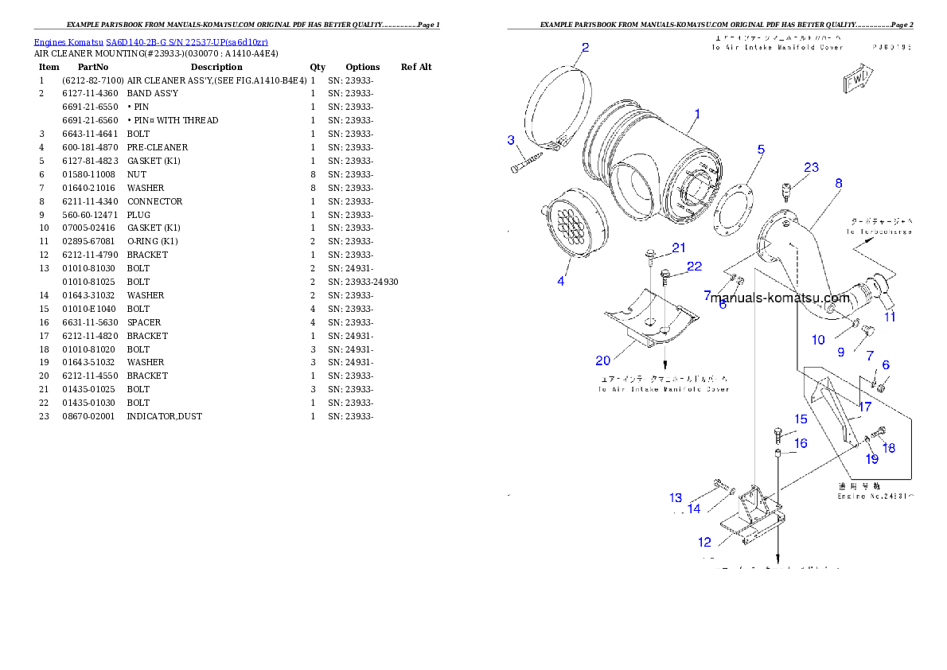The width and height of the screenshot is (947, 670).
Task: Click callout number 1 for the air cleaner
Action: [696, 115]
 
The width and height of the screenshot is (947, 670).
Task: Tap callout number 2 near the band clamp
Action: [585, 48]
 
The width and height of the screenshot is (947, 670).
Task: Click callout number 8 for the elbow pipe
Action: [839, 183]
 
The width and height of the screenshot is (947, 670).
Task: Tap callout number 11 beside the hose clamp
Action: [890, 317]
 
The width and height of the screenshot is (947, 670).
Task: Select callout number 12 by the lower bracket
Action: [705, 543]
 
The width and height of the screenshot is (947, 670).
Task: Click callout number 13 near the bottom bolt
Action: [676, 498]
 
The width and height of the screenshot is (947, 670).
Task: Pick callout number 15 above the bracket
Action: [801, 419]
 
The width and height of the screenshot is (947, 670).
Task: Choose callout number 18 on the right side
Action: [889, 448]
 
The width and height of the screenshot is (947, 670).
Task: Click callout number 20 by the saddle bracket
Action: [603, 361]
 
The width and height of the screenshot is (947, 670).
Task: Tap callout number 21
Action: [678, 248]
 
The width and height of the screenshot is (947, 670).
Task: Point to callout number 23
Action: [811, 168]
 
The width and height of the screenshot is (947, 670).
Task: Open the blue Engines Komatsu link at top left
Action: [150, 41]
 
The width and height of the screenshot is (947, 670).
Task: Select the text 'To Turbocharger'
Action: [879, 232]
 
